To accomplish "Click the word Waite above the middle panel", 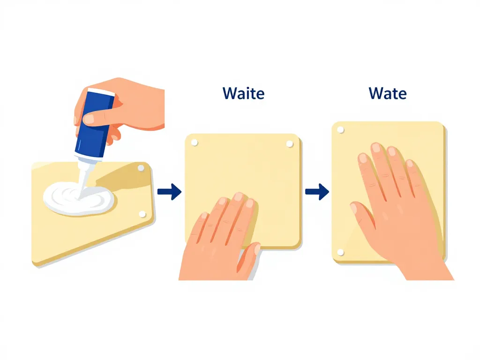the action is pos(243,93).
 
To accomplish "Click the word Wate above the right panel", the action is pos(388,93).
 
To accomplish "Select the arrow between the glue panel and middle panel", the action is pos(170,192).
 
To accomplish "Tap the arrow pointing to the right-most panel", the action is pos(317,192).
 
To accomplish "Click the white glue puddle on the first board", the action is pos(79,199).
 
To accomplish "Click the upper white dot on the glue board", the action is pos(141,168).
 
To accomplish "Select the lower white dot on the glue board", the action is pos(142,214).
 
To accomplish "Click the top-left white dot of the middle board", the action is pos(195,142).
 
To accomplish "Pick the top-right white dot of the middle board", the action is pos(289,144).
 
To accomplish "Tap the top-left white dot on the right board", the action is pos(340,130).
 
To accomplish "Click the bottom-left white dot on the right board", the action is pos(340,252).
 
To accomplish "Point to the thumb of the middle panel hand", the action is pos(248,257).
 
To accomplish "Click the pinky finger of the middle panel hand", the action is pos(198,226).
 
